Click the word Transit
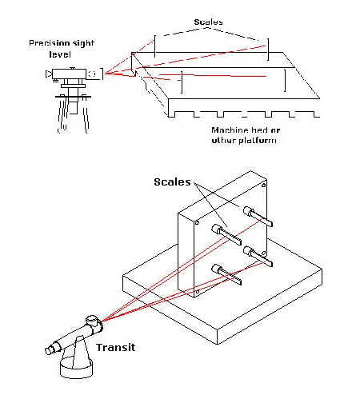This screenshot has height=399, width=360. pos(116,347)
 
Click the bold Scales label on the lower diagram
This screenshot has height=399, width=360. pos(172,182)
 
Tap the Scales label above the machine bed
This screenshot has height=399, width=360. pos(208,22)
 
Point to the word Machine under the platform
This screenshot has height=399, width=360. pos(230,130)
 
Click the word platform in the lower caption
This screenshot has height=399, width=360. pos(258,141)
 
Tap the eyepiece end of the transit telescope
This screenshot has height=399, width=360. pos(50,350)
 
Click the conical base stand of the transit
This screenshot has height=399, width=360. pos(77,358)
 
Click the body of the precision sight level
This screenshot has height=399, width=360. pos(69,74)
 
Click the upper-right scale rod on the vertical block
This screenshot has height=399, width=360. pos(258,217)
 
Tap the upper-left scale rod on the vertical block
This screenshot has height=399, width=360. pos(226,234)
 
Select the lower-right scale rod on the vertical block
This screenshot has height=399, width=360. pos(258,256)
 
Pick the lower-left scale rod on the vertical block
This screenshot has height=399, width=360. pos(226,274)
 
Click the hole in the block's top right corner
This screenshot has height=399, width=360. pos(263,185)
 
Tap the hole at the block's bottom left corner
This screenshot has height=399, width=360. pos(198,292)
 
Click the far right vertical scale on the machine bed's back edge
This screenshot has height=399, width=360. pos(268,50)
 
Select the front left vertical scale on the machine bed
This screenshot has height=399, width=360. pos(182,82)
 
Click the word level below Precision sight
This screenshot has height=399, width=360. pos(60,54)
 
